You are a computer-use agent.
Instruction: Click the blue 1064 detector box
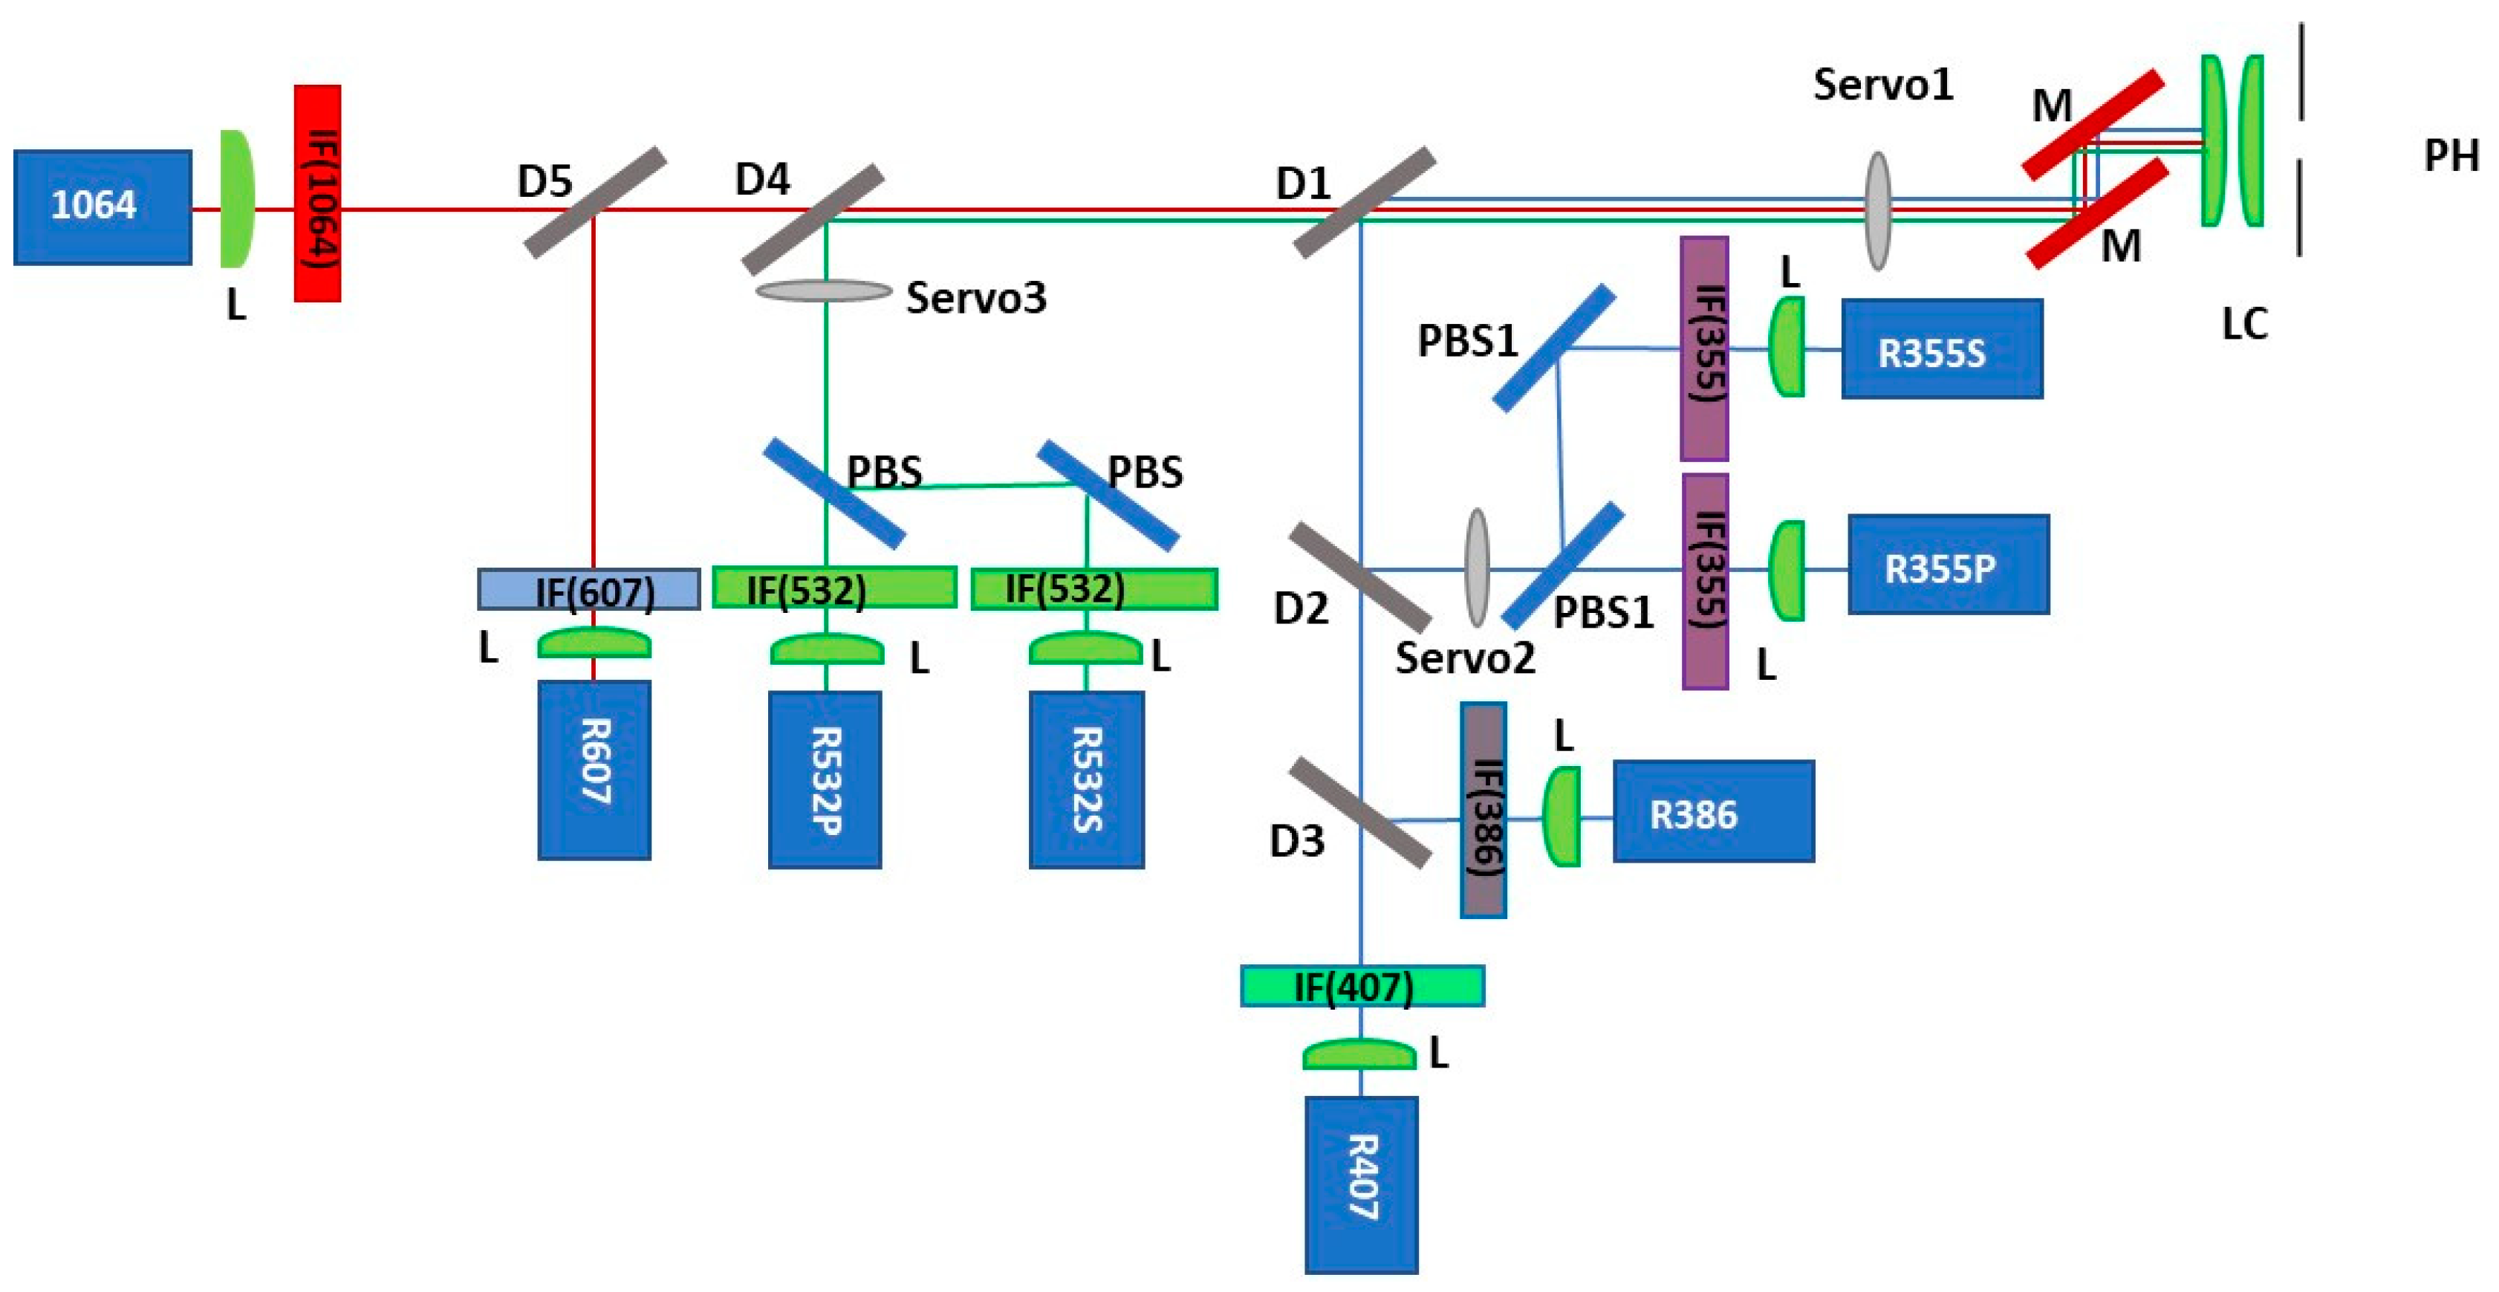(x=103, y=207)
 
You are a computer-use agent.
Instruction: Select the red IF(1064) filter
(x=317, y=193)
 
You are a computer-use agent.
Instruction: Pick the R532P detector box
(x=825, y=779)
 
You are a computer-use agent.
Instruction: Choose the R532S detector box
(x=1087, y=779)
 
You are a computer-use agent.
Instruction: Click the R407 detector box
(x=1362, y=1184)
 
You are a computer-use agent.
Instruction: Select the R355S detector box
(x=1942, y=349)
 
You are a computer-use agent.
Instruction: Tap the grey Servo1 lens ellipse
(x=1878, y=210)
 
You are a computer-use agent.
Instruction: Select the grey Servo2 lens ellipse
(x=1477, y=568)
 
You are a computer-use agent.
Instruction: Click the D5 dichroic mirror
(x=596, y=202)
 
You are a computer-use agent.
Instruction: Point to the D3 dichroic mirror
(x=1360, y=813)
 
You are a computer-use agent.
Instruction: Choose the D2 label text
(x=1301, y=608)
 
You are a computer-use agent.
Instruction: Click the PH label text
(x=2451, y=155)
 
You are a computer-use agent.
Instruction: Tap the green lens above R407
(x=1359, y=1054)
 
